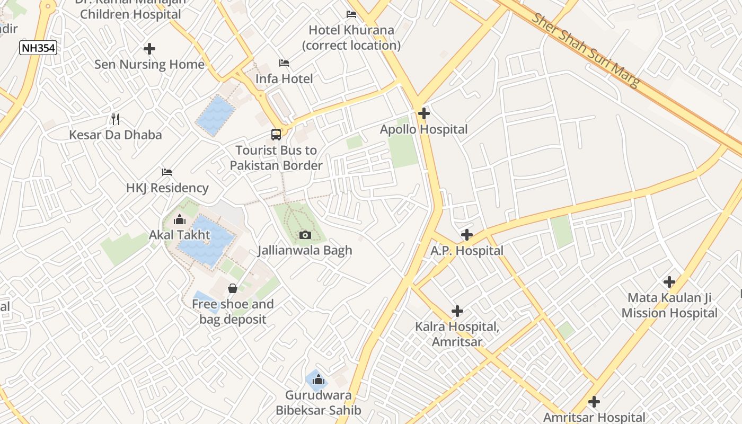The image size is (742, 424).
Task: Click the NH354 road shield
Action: click(x=38, y=48)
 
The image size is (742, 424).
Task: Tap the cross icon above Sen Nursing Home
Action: click(x=149, y=49)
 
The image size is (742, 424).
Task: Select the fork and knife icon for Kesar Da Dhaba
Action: click(x=116, y=119)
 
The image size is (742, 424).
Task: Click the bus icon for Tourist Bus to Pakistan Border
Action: click(x=276, y=135)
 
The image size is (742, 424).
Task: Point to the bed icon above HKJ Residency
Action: click(x=167, y=172)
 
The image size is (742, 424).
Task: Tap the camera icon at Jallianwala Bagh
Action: click(x=305, y=235)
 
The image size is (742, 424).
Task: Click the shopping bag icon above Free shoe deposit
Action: click(x=232, y=288)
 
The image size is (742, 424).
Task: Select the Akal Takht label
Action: click(x=179, y=235)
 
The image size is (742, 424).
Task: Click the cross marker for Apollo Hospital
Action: click(x=423, y=113)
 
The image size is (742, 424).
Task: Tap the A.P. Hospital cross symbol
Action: click(x=466, y=234)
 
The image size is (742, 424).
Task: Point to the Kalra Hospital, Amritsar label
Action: click(x=457, y=334)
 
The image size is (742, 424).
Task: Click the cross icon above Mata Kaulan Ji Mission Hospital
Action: click(x=669, y=282)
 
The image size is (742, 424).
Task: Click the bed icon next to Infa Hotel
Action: click(x=284, y=63)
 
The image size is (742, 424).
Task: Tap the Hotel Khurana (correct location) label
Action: click(x=351, y=38)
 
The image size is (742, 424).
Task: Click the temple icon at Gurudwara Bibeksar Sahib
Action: click(x=318, y=379)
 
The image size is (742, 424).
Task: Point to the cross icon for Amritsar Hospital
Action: click(x=594, y=402)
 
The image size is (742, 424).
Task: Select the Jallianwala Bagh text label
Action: click(x=305, y=250)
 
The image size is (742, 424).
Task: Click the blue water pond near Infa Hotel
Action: click(x=216, y=116)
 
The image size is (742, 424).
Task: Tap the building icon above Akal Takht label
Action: click(x=179, y=219)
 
